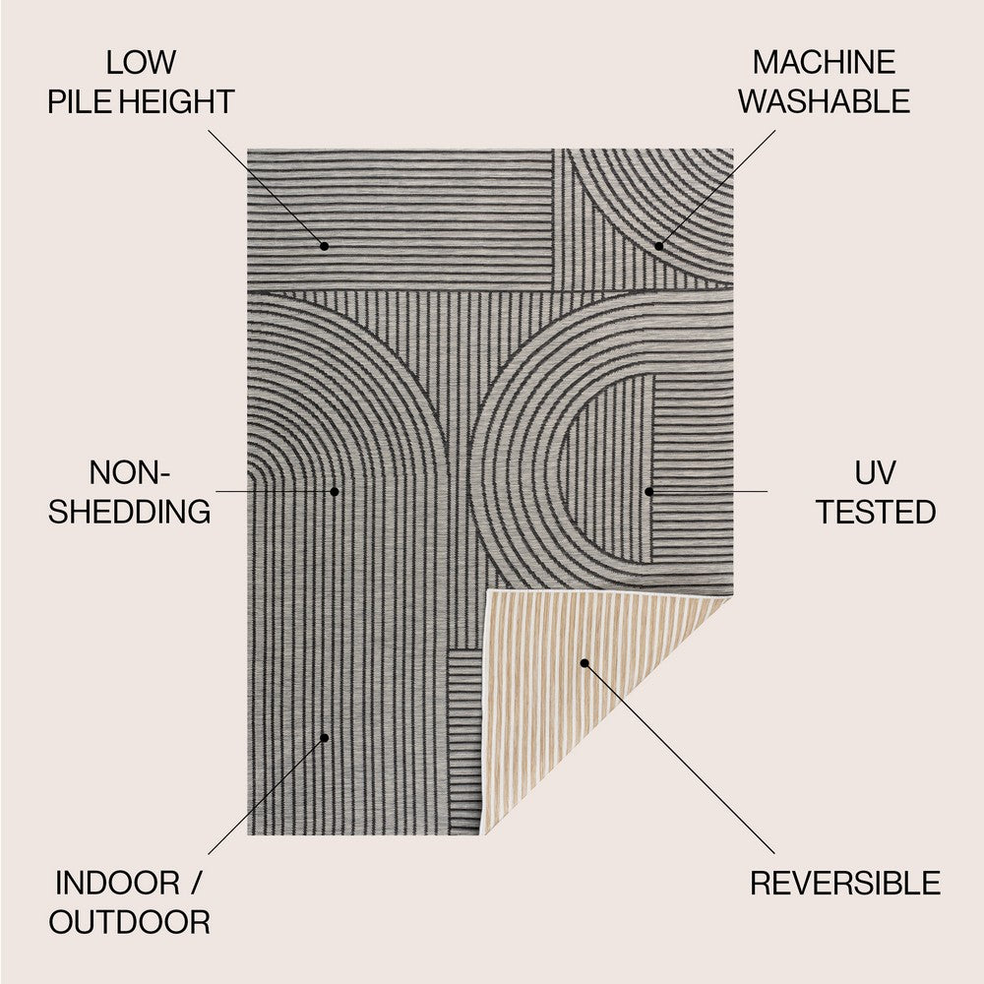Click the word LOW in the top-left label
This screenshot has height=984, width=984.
(141, 63)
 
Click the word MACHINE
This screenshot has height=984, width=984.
(824, 63)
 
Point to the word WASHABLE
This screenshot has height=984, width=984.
(825, 101)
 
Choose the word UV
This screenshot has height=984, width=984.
(875, 473)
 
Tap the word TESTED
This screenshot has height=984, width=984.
(875, 512)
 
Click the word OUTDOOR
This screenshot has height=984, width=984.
(130, 922)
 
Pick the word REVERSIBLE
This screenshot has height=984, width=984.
(845, 884)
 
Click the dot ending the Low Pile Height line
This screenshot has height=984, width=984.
(324, 245)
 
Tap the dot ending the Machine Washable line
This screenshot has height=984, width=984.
(659, 245)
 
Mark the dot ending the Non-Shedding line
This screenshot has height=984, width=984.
(335, 490)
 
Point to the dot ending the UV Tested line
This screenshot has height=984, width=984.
(649, 490)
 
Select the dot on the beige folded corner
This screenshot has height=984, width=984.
(584, 663)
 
